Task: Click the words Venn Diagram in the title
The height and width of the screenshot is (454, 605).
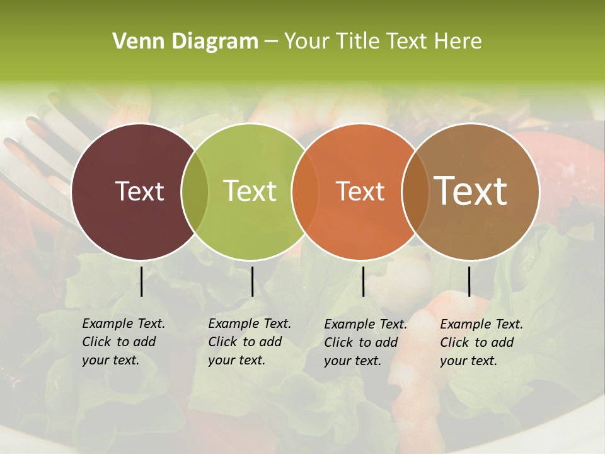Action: [x=185, y=42]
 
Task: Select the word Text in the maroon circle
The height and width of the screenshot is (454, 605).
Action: [x=139, y=191]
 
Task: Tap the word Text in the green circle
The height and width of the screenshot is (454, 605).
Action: [x=250, y=191]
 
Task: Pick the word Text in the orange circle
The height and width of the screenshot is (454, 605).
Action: [x=360, y=191]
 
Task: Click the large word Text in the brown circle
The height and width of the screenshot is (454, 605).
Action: [x=471, y=191]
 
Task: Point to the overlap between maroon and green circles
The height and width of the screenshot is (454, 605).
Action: [x=195, y=191]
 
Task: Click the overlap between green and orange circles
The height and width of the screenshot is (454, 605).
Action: [x=304, y=191]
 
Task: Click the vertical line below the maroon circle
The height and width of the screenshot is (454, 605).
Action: [x=141, y=281]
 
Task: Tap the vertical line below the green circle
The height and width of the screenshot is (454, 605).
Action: [x=252, y=281]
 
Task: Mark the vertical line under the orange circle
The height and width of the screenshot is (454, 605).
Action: [x=363, y=281]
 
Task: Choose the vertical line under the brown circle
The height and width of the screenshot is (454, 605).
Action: [x=469, y=281]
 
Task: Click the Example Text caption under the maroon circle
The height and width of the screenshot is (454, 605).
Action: [x=124, y=342]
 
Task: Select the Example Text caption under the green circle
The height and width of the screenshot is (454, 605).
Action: [x=250, y=342]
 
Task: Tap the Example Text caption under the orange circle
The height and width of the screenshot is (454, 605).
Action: [x=366, y=342]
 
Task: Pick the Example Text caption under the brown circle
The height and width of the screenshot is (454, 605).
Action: [x=481, y=342]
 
